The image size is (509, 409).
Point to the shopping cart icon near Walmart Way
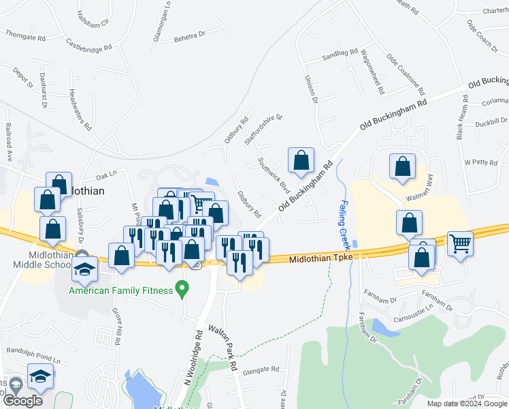pyautogui.click(x=461, y=243)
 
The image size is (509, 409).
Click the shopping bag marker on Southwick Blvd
pyautogui.click(x=301, y=161)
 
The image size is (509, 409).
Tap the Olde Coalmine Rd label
pyautogui.click(x=406, y=75)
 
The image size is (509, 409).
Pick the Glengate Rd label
pyautogui.click(x=261, y=369)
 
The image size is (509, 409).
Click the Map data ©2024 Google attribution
pyautogui.click(x=467, y=404)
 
